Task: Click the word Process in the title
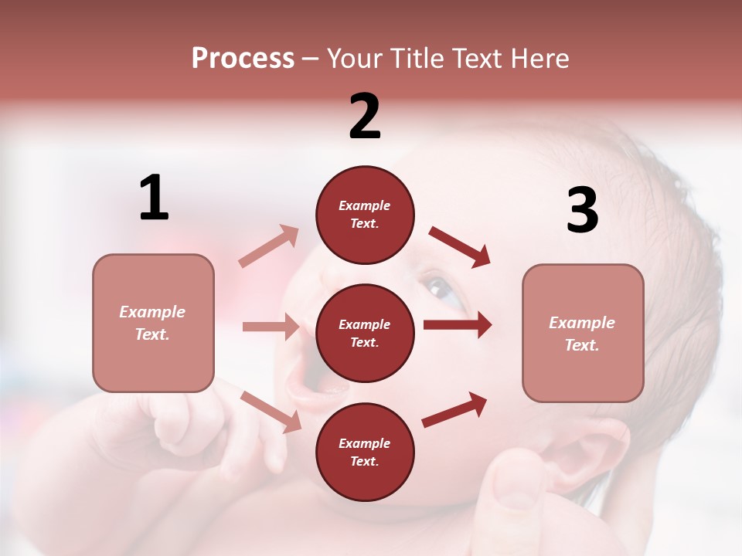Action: pyautogui.click(x=243, y=59)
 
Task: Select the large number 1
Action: pyautogui.click(x=154, y=198)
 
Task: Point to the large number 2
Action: pyautogui.click(x=365, y=117)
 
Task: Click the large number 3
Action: pyautogui.click(x=582, y=211)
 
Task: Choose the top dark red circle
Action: pyautogui.click(x=365, y=214)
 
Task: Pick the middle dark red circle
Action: pyautogui.click(x=365, y=333)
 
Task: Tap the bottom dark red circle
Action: pyautogui.click(x=365, y=452)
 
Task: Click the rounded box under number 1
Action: pyautogui.click(x=153, y=323)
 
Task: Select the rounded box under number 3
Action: pyautogui.click(x=583, y=333)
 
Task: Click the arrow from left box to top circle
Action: pyautogui.click(x=269, y=246)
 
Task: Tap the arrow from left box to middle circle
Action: pyautogui.click(x=271, y=327)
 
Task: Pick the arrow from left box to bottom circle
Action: pyautogui.click(x=271, y=411)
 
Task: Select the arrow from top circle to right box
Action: pyautogui.click(x=460, y=247)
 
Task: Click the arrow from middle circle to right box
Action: pyautogui.click(x=458, y=325)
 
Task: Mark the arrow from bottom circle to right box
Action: pyautogui.click(x=454, y=409)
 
